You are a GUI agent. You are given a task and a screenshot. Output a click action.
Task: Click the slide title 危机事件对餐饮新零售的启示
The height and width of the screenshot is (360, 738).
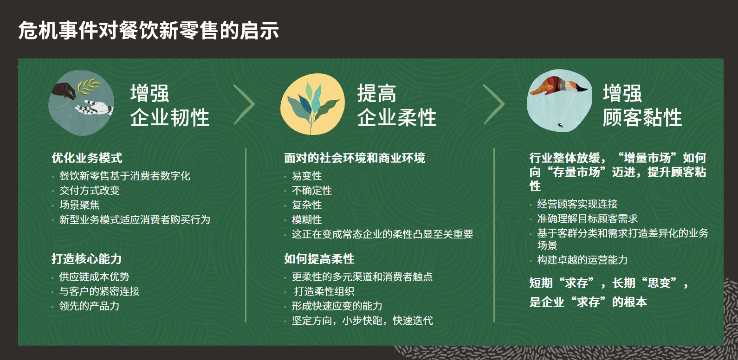pos(149,31)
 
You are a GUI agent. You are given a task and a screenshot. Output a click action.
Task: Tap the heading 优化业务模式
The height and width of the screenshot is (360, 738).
pos(87,158)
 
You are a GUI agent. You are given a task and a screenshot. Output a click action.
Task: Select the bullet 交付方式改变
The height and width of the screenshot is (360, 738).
pos(89,190)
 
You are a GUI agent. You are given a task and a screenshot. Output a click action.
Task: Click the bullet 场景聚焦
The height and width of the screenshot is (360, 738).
pos(79,205)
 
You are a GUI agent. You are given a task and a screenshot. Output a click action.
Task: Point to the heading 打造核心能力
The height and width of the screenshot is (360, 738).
pos(87,259)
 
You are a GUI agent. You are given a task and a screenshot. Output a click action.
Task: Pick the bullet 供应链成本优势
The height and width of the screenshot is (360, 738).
pos(94,276)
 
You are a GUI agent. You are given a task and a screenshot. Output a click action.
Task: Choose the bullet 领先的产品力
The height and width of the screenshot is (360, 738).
pos(89,306)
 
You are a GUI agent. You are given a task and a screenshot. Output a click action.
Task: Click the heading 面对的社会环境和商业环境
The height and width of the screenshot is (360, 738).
pos(355,158)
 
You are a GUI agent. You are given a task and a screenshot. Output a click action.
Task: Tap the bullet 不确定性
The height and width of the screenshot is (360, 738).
pos(311,190)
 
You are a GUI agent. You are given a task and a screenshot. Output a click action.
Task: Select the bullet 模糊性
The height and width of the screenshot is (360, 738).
pos(307,220)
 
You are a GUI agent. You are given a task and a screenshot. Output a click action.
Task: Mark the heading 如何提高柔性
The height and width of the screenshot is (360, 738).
pos(319,259)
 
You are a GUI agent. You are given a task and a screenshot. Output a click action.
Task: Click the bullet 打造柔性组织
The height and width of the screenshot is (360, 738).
pos(324,291)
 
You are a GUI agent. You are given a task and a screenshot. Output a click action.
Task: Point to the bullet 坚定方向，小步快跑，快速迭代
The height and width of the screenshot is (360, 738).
pos(363,321)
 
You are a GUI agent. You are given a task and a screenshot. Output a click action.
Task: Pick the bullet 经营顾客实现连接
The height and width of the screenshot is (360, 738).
pos(577,204)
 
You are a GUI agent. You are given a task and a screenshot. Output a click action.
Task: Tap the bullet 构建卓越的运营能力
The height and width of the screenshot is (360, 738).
pos(582,260)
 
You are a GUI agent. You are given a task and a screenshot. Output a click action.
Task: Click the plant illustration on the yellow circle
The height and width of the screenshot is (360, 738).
pos(312,105)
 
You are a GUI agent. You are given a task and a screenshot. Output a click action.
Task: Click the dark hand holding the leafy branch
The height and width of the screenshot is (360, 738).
pos(64,90)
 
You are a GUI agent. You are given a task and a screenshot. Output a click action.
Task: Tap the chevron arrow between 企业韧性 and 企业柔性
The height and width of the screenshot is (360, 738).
pos(244,104)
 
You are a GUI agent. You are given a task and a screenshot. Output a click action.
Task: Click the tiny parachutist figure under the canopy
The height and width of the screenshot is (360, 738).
pos(560,125)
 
